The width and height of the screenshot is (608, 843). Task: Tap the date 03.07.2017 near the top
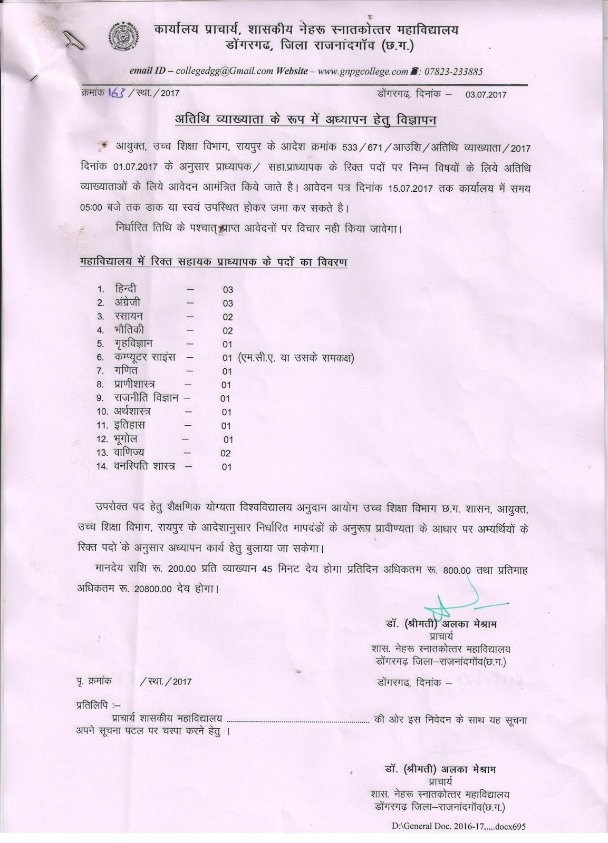coord(486,95)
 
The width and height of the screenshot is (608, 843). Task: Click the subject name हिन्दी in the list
coord(126,289)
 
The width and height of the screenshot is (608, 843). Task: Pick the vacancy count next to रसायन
coord(227,317)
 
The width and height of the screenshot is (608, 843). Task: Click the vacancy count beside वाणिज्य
coord(226,453)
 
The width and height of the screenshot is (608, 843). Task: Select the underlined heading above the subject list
coord(213,262)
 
